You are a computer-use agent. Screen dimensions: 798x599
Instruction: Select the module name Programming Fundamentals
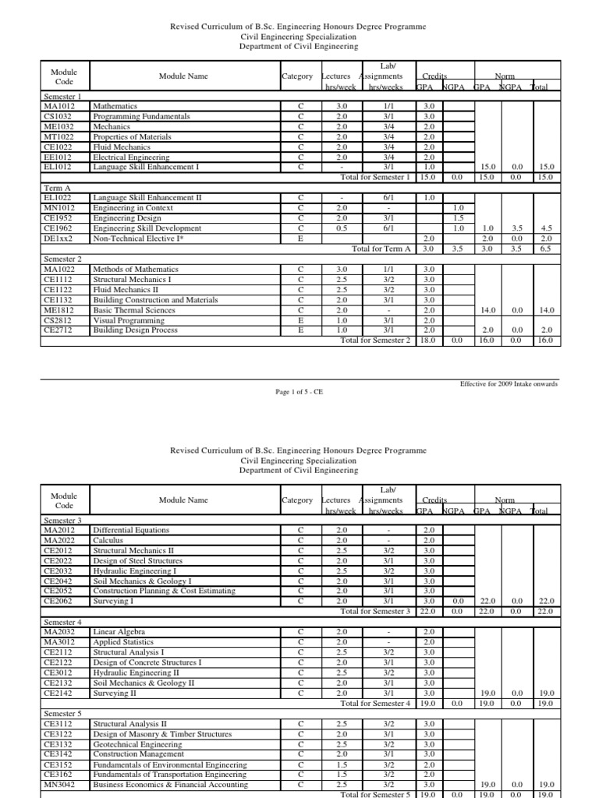[x=141, y=115]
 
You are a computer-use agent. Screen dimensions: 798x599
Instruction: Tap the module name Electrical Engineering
[x=130, y=157]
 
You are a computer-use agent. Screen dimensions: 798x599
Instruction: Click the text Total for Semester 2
[x=374, y=341]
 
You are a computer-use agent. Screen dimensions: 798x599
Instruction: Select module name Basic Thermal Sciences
[x=134, y=309]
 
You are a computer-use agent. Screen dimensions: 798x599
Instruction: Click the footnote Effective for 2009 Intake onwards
[x=509, y=384]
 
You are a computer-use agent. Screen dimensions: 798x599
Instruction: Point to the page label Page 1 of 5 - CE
[x=299, y=392]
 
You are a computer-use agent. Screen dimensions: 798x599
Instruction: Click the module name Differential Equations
[x=131, y=530]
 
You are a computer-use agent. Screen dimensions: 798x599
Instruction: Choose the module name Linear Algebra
[x=119, y=631]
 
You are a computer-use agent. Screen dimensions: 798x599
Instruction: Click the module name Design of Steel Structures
[x=137, y=560]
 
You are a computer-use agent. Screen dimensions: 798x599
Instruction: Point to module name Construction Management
[x=138, y=754]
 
